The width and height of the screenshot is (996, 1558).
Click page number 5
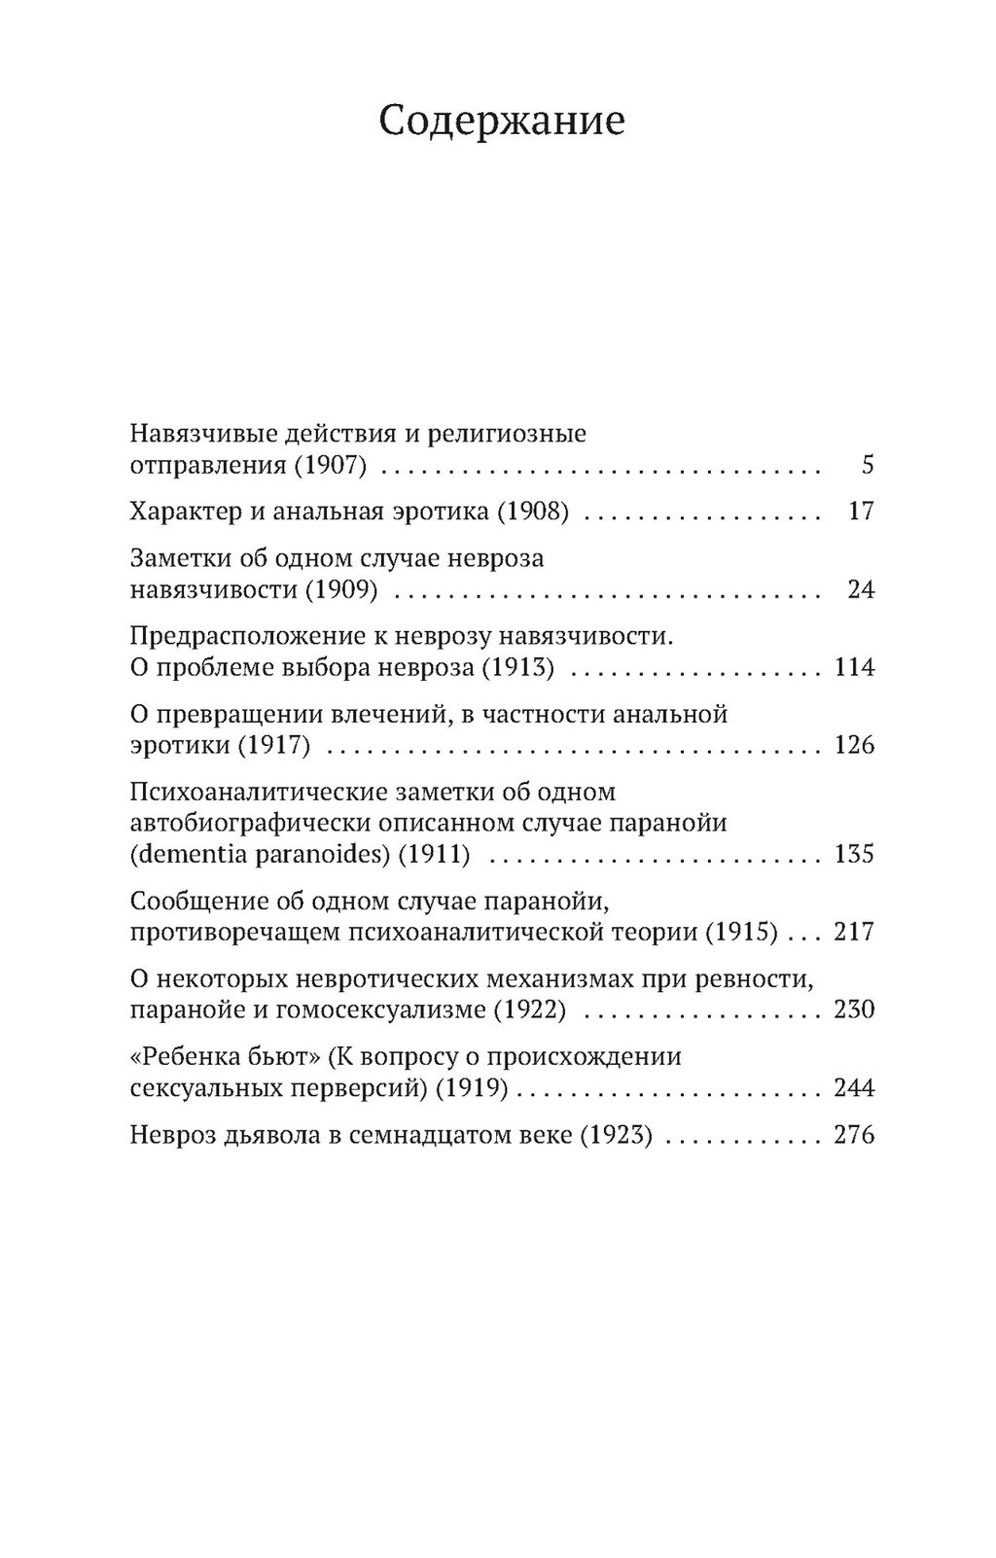(868, 465)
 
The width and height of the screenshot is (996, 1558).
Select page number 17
(861, 512)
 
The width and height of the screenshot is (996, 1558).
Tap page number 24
(861, 589)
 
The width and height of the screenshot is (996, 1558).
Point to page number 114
(854, 667)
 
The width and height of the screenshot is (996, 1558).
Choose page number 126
(854, 745)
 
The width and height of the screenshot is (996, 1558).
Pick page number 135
(854, 854)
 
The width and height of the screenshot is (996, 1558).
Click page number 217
(854, 932)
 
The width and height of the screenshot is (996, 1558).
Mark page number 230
(854, 1009)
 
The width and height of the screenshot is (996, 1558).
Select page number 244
(854, 1087)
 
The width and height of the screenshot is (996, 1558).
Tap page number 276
(854, 1135)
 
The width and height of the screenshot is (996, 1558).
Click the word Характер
(184, 512)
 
